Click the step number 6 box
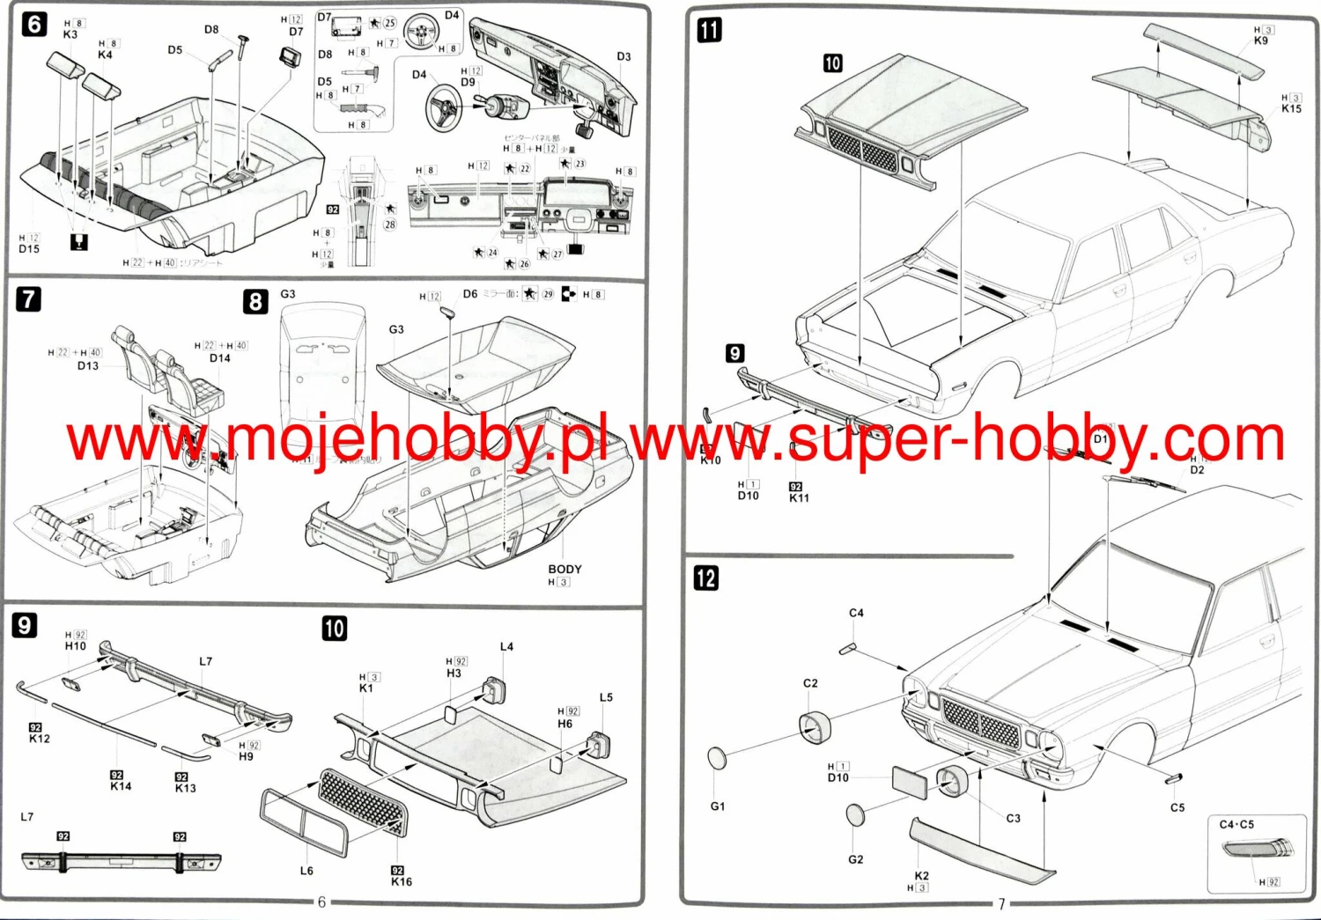point(34,24)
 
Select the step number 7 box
point(29,299)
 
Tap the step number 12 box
point(706,578)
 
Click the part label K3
point(70,34)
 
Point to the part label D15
point(29,249)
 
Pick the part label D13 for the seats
point(88,365)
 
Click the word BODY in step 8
point(565,570)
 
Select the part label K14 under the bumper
point(121,786)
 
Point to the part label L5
point(606,697)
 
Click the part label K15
point(1291,108)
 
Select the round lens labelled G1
point(718,758)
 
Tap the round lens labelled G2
point(855,814)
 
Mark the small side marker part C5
point(1173,778)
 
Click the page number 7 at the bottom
point(1000,903)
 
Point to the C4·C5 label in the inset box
point(1236,825)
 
